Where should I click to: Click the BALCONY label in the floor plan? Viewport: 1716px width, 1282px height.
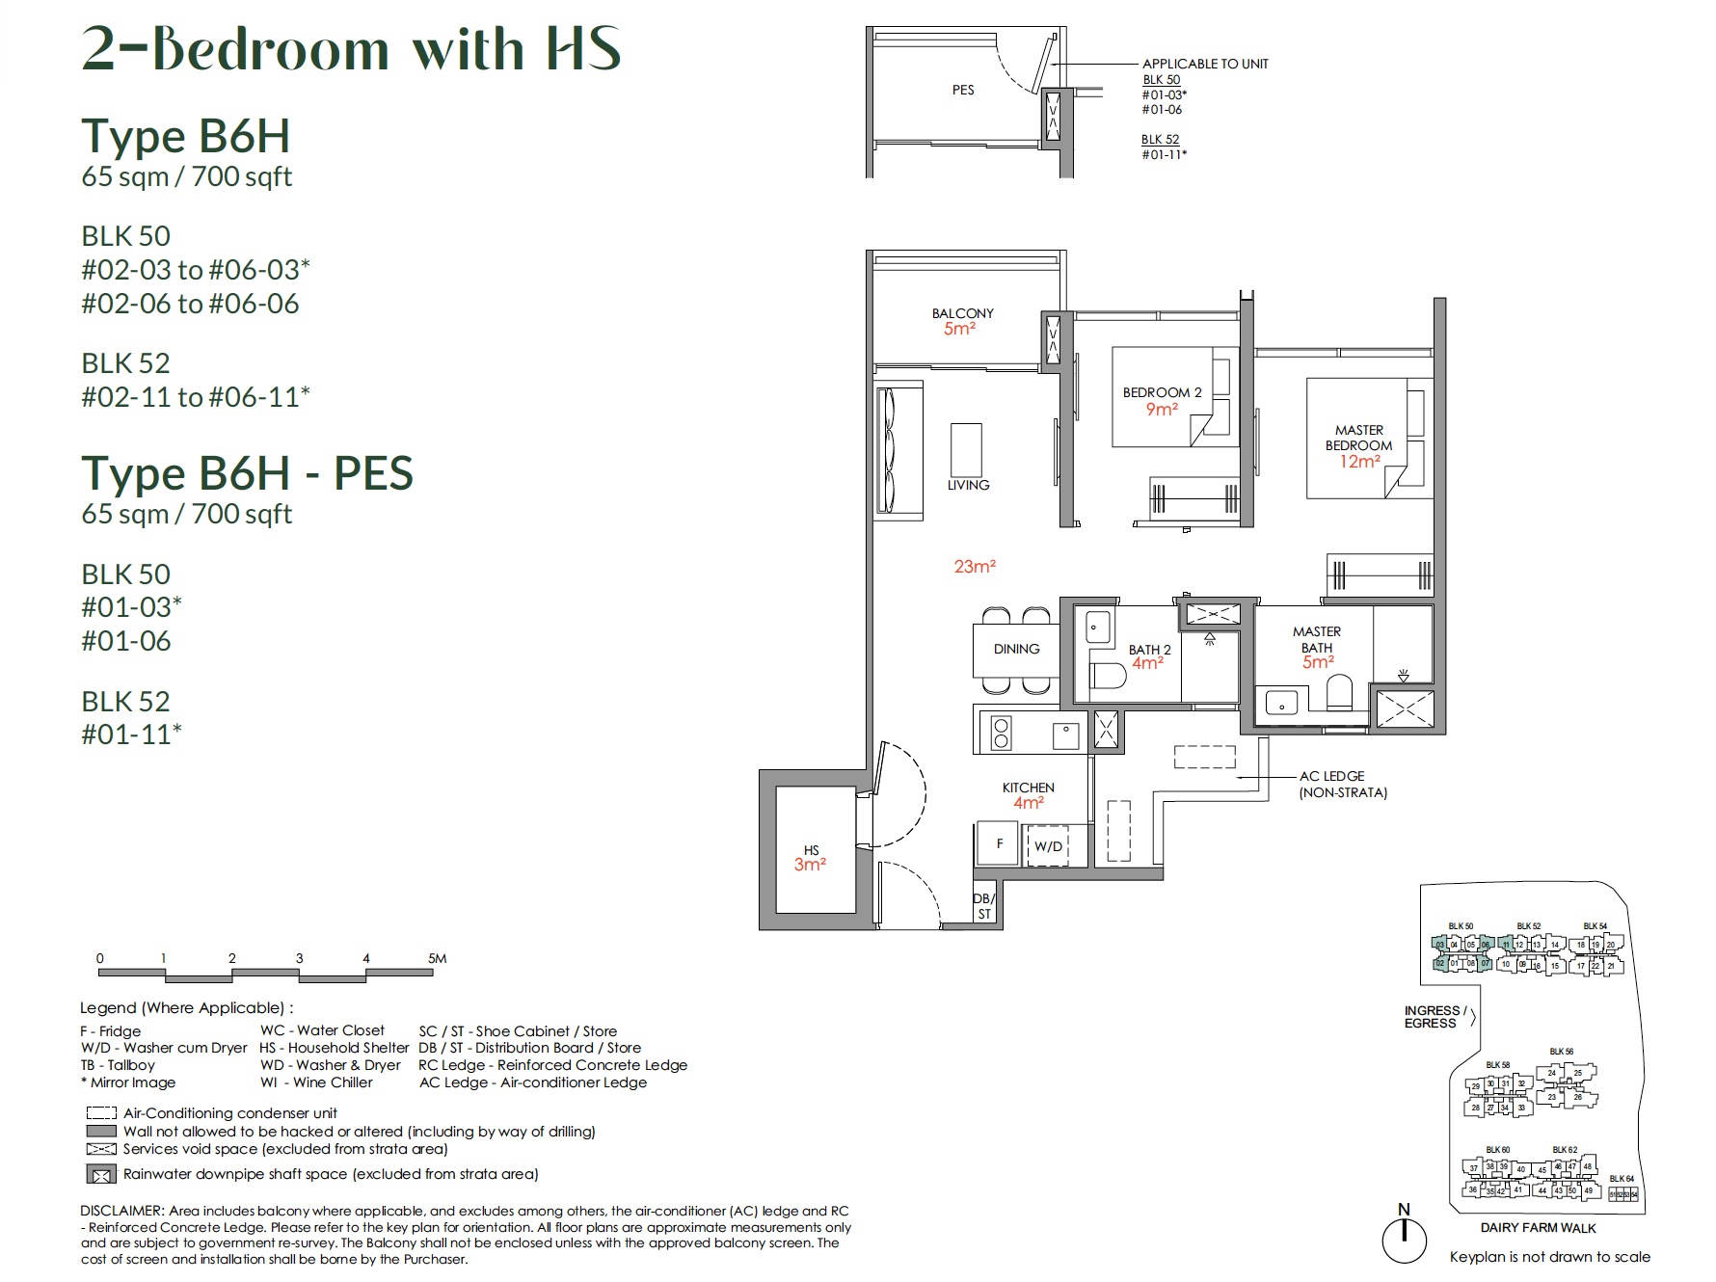962,313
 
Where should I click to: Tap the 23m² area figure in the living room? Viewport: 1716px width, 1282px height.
975,567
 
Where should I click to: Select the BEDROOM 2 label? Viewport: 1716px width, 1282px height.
1162,392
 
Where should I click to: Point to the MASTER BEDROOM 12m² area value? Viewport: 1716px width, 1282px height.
1359,462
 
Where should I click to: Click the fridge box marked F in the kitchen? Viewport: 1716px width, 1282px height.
1000,843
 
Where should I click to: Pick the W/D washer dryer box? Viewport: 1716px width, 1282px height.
1048,846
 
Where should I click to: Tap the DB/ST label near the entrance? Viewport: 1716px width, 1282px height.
983,906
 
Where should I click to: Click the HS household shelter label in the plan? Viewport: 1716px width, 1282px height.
811,850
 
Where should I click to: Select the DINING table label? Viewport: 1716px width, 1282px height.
1016,649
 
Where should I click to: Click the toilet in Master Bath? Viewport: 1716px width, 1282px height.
1340,691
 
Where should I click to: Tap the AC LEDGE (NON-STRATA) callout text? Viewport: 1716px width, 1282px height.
1342,784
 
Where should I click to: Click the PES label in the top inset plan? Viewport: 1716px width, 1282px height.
963,90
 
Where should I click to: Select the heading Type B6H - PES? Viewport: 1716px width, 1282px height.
247,473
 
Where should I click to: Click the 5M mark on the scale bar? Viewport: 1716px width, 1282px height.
437,958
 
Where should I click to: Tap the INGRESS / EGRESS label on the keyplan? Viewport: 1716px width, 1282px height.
1434,1017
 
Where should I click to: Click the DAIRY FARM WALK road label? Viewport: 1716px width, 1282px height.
1538,1228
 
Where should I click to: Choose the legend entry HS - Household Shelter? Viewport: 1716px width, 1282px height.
334,1048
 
